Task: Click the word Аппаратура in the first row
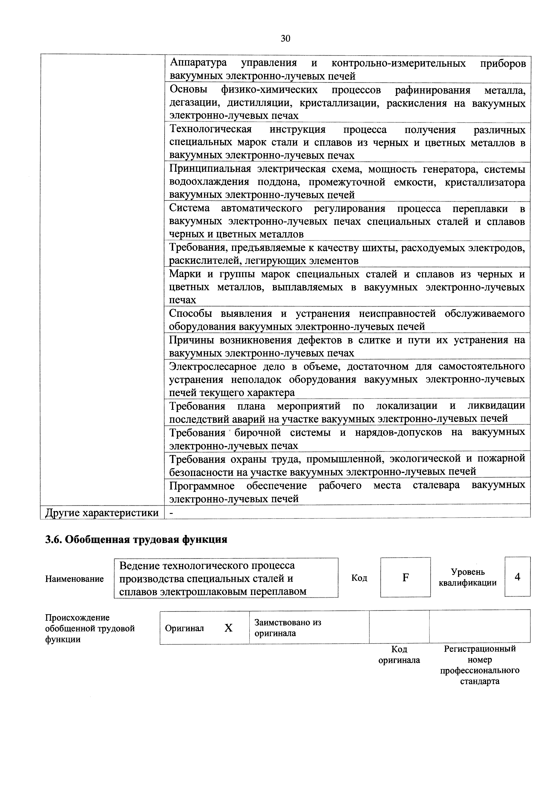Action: (199, 63)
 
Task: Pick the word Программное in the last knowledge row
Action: (202, 486)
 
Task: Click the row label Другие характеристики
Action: (102, 513)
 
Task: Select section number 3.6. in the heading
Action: (54, 539)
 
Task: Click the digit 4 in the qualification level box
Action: (517, 577)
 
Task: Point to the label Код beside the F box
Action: (359, 578)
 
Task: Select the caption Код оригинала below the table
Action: (399, 654)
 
